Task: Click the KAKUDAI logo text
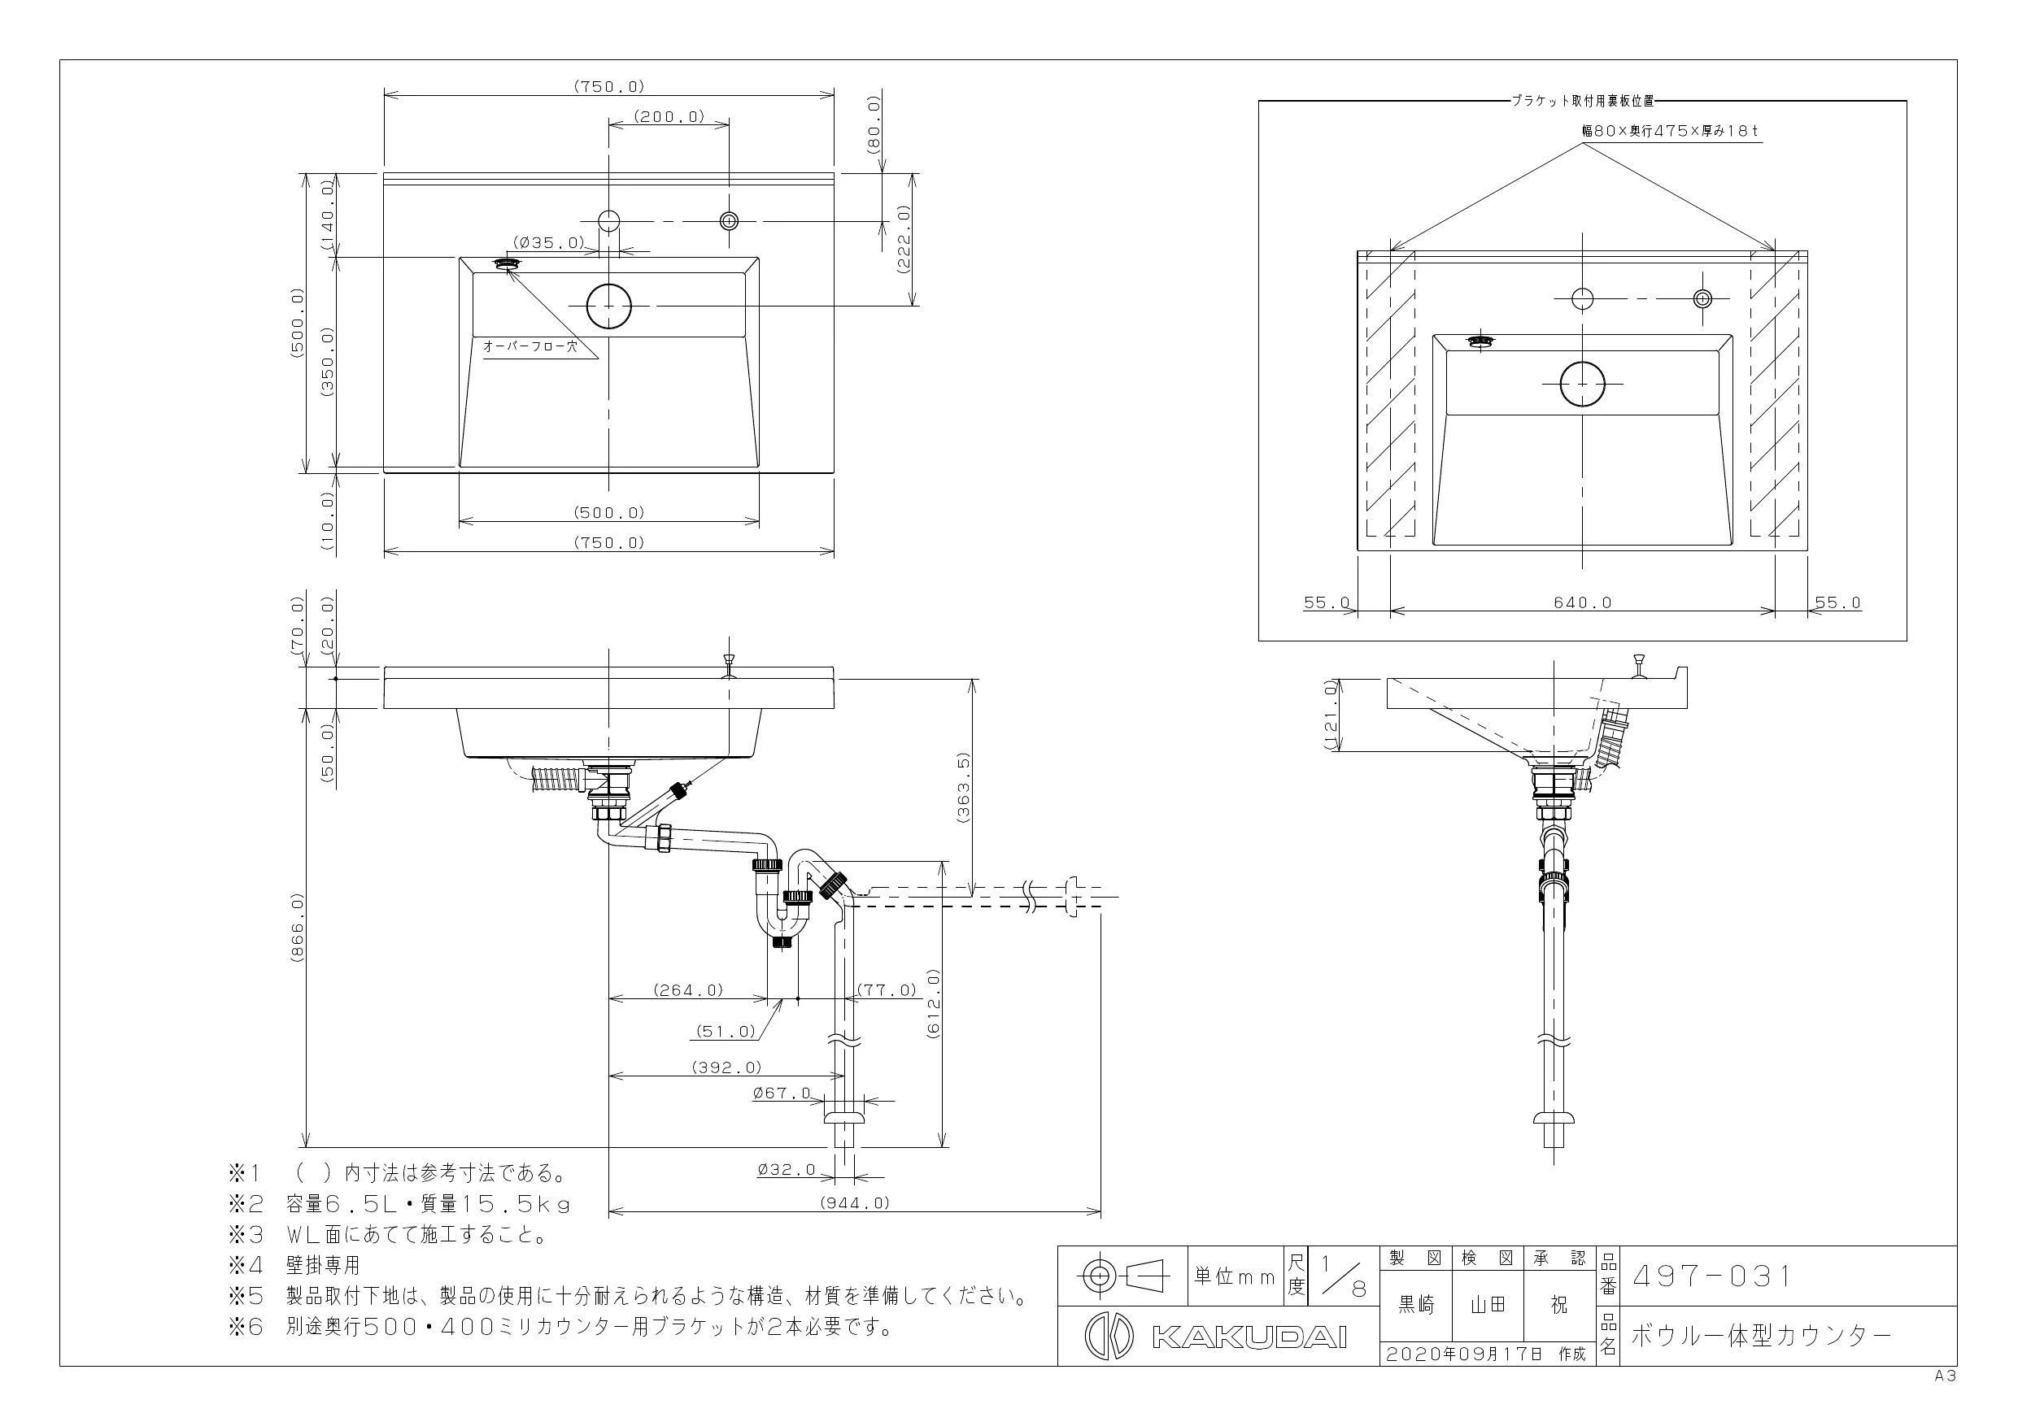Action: (x=1248, y=1337)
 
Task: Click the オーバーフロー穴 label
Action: (x=530, y=346)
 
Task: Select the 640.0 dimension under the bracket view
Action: (x=1582, y=602)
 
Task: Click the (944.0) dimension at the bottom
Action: (x=853, y=1202)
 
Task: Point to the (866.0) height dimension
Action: (x=296, y=929)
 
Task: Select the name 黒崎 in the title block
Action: (x=1416, y=1305)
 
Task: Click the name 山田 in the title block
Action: (x=1488, y=1305)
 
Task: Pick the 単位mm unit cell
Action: (x=1234, y=1276)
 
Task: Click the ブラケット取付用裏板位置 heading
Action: (x=1582, y=101)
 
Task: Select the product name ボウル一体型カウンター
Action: (x=1761, y=1337)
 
